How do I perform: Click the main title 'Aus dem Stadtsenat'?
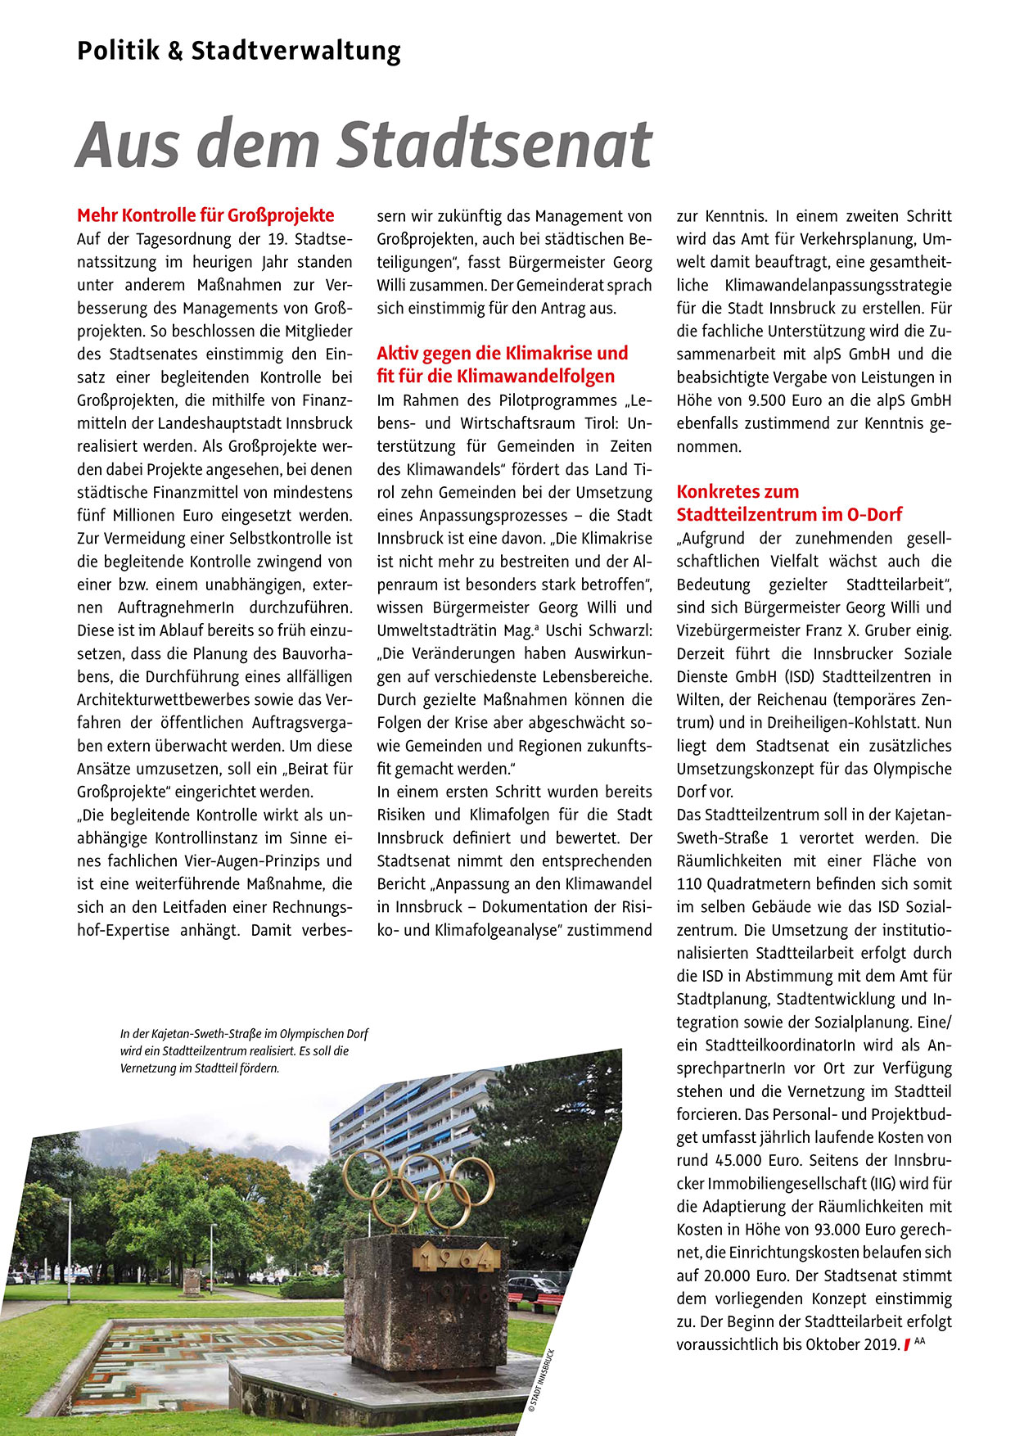[363, 144]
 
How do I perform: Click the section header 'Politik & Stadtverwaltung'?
[239, 51]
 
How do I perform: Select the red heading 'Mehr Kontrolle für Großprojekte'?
[205, 215]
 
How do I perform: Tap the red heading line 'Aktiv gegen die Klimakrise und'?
[502, 353]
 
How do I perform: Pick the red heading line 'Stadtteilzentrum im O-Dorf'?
[789, 514]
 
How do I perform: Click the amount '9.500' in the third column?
[769, 400]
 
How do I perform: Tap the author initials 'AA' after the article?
[919, 1340]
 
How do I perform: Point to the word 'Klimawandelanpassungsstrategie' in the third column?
[838, 285]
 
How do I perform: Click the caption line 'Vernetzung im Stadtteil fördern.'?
[200, 1068]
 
